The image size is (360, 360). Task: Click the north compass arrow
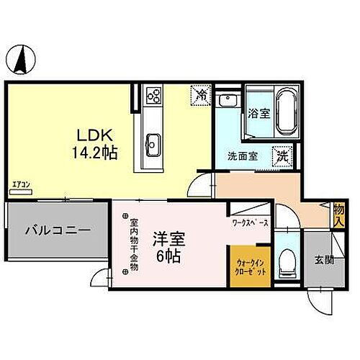tap(22, 58)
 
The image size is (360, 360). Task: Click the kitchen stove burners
tap(153, 94)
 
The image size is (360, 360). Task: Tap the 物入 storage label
tap(338, 216)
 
